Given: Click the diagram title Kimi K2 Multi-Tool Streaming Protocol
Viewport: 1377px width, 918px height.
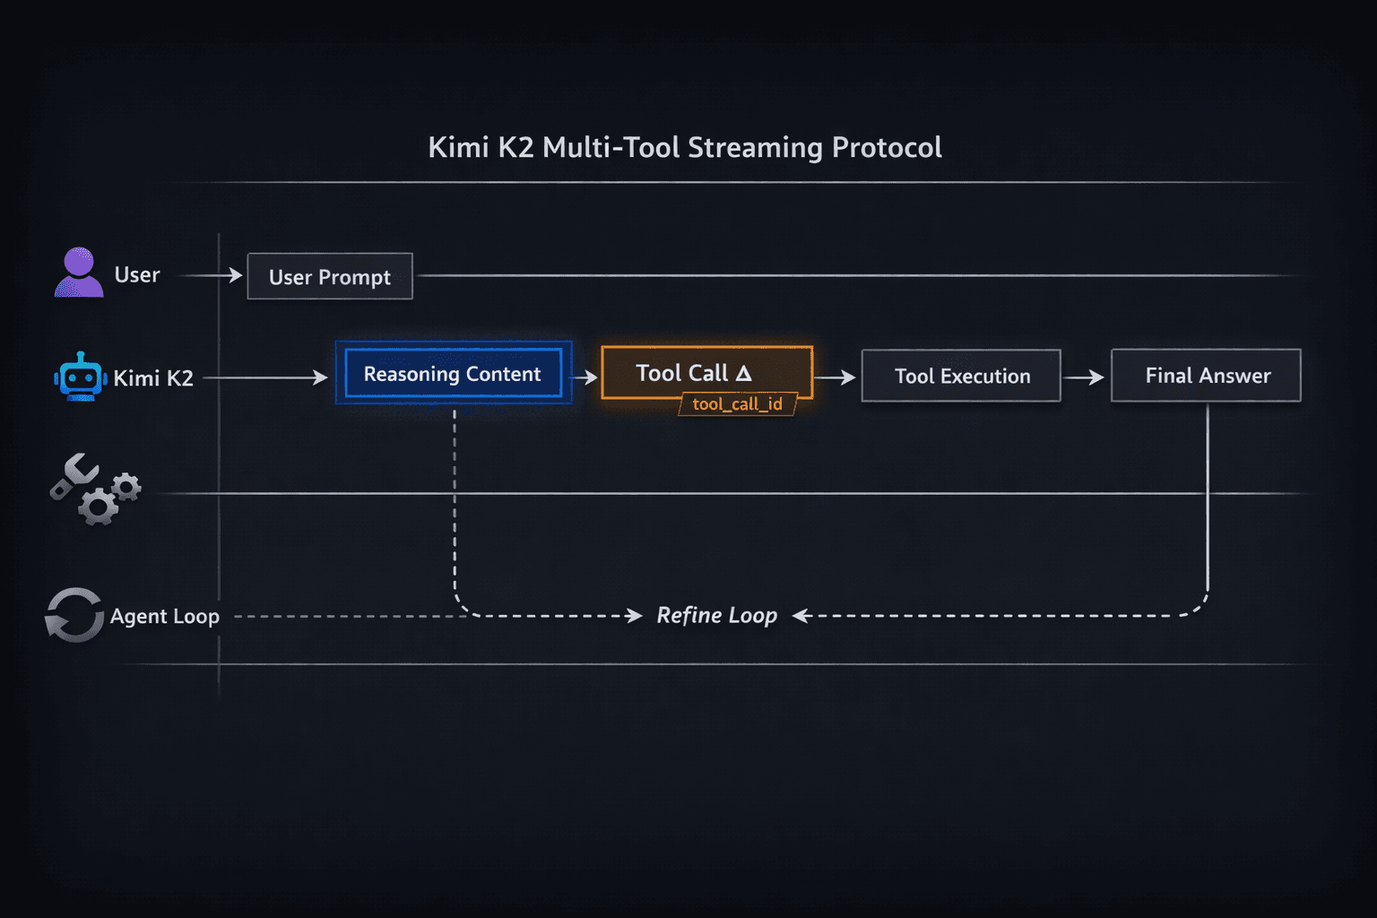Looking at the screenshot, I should click(685, 147).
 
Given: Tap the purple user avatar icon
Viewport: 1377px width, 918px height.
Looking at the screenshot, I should click(79, 273).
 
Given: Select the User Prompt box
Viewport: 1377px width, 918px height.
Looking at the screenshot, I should click(330, 277).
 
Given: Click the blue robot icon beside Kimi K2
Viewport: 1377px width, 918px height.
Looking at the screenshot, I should click(81, 377).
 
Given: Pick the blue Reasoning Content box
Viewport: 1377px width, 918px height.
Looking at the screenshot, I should click(453, 374).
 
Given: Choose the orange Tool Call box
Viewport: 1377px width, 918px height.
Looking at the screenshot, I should click(706, 371).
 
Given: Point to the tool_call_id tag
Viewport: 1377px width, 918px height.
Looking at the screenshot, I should click(737, 404).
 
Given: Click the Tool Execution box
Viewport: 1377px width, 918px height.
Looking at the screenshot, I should click(961, 377).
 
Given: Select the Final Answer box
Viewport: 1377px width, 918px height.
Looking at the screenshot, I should click(1207, 376).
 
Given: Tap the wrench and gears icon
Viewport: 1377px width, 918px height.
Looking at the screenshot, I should click(94, 489).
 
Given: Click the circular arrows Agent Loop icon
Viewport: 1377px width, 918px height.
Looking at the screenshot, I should click(74, 615).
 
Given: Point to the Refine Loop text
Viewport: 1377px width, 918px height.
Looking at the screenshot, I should click(717, 616).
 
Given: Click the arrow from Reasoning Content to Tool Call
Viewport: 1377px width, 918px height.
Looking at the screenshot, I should click(585, 377).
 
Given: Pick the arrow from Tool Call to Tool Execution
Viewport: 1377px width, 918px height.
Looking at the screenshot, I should click(836, 377).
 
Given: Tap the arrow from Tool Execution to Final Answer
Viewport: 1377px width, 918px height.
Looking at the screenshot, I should click(1085, 377).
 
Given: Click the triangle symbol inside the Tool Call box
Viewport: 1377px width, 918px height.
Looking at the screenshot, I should click(744, 373).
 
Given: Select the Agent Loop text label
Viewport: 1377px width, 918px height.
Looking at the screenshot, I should click(165, 617).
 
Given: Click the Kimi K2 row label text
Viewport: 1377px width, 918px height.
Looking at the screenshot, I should click(153, 378).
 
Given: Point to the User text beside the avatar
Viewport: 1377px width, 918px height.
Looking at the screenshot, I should click(137, 275).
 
